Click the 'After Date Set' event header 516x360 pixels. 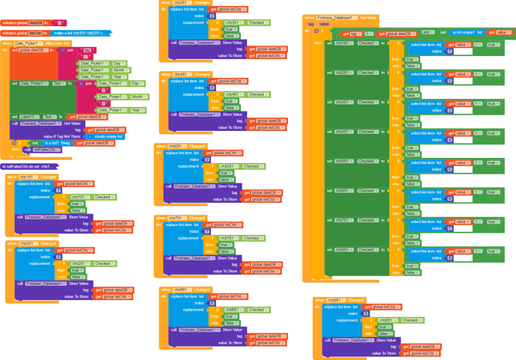[55, 43]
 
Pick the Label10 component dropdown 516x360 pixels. [28, 117]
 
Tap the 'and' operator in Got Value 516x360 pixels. [427, 33]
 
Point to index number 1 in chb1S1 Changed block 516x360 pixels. [58, 190]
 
